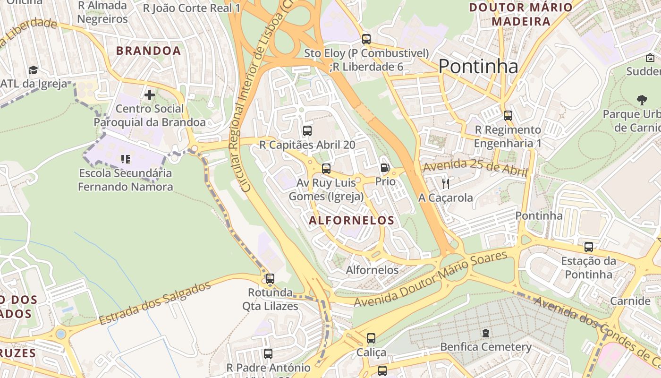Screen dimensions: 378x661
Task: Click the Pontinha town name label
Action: click(478, 67)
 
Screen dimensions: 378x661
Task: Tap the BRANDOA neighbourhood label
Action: click(149, 51)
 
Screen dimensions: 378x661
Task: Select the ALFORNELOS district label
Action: click(351, 220)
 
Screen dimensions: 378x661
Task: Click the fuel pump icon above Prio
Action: click(385, 168)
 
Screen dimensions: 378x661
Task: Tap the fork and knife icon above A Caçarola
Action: click(445, 183)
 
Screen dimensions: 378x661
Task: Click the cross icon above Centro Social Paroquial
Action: click(150, 95)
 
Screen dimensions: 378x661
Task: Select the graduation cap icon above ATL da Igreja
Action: click(33, 70)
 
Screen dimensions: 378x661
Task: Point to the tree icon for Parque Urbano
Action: click(642, 100)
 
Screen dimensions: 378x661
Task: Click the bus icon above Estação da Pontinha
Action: click(588, 247)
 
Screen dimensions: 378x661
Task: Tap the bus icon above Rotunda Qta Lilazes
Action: click(270, 278)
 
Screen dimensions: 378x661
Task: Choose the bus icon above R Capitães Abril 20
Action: click(307, 131)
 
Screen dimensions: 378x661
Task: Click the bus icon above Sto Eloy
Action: click(366, 39)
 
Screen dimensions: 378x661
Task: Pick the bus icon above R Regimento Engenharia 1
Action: click(508, 115)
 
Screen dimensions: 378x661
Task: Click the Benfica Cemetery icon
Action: click(486, 333)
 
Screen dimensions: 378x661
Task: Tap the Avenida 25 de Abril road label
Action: click(475, 168)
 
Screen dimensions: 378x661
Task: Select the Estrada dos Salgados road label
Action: click(155, 303)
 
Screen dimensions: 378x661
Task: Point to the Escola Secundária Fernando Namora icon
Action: click(125, 159)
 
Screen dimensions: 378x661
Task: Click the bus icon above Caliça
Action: click(371, 338)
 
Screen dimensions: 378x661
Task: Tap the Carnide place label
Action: click(630, 301)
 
